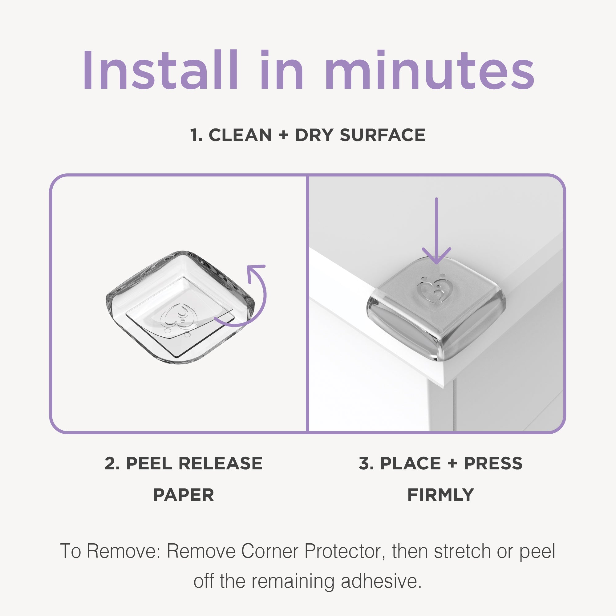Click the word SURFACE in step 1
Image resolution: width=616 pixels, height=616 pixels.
tap(382, 135)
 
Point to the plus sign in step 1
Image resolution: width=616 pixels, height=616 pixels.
tap(283, 135)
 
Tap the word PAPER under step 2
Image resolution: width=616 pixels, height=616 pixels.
tap(183, 495)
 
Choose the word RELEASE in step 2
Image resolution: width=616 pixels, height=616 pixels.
tap(220, 463)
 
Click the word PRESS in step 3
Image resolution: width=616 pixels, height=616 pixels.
tap(493, 463)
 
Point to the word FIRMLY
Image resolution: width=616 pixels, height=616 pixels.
tap(440, 495)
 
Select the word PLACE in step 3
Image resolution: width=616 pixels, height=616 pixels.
tap(410, 463)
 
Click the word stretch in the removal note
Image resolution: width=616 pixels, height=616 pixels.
tap(462, 551)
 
